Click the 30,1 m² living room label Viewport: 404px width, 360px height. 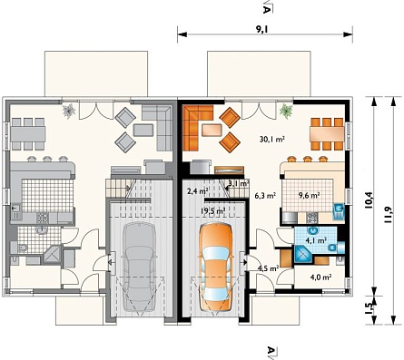point(272,140)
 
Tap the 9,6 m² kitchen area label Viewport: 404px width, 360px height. point(310,195)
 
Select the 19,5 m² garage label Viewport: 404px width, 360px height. point(213,211)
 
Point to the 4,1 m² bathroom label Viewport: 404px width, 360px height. point(317,241)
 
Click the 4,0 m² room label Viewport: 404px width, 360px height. point(320,277)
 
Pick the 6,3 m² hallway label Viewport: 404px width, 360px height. point(265,196)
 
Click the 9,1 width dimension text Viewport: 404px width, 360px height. point(262,29)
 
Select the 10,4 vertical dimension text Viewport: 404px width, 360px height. point(369,200)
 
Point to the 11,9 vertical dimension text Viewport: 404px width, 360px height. point(388,215)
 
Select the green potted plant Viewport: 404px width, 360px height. point(286,111)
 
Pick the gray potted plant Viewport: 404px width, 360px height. point(69,111)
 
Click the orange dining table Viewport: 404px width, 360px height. point(327,134)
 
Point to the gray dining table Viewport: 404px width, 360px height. point(28,134)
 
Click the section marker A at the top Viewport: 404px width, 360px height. point(266,9)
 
